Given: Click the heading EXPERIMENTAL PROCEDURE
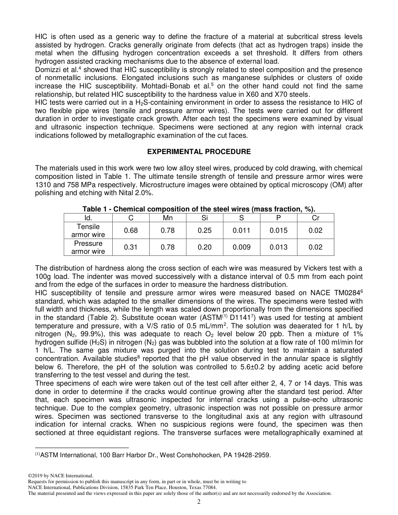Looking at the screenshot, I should (x=199, y=152).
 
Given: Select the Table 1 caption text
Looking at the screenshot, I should (x=199, y=209).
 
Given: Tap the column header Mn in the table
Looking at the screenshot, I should (x=168, y=218).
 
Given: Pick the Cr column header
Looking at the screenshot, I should (x=315, y=218).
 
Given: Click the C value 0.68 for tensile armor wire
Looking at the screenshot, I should (x=131, y=231).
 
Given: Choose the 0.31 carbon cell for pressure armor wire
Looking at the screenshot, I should (x=131, y=247).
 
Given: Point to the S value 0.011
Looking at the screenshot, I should (x=242, y=231).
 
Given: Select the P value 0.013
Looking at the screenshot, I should (x=279, y=247).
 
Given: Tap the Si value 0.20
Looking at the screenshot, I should (x=204, y=247).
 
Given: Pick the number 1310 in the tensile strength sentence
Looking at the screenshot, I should (x=43, y=185).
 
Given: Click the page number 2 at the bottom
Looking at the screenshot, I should (x=199, y=502).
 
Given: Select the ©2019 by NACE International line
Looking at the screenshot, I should (x=60, y=476).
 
